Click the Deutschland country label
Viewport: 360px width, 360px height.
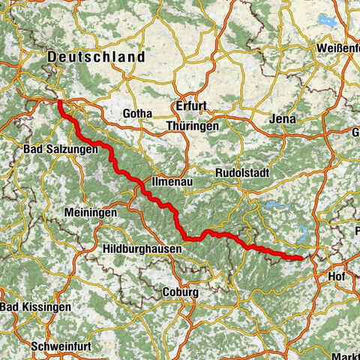coord(95,57)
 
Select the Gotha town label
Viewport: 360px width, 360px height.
coord(138,114)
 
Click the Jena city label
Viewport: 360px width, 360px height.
coord(282,119)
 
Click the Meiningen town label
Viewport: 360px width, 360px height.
coord(91,213)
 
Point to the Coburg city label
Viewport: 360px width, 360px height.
coord(179,292)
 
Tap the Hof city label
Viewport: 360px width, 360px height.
coord(337,277)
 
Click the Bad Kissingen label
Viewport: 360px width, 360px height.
coord(36,307)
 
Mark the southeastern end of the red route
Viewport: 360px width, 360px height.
coord(301,258)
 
